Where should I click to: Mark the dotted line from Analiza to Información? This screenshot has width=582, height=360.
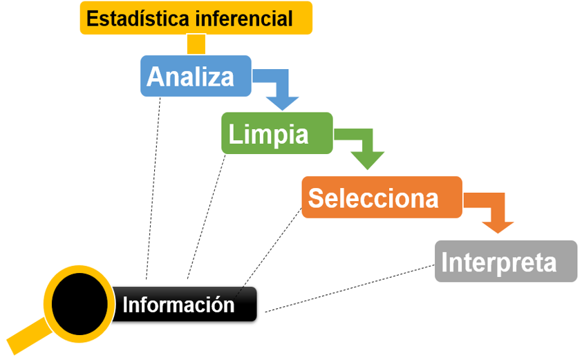click(x=153, y=187)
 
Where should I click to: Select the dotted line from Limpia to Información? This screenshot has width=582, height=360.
click(x=207, y=214)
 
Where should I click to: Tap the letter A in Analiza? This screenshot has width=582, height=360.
click(x=156, y=77)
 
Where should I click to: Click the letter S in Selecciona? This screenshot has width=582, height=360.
click(x=317, y=198)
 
